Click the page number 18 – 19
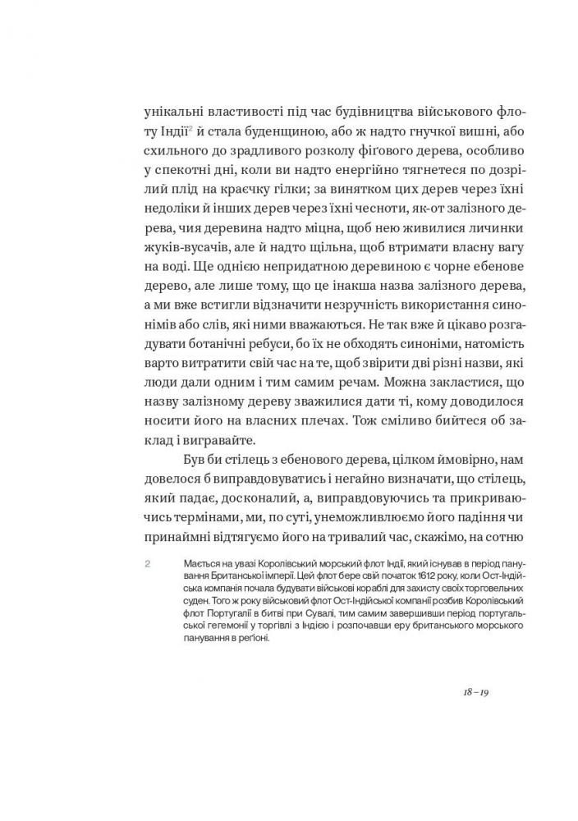pyautogui.click(x=476, y=692)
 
